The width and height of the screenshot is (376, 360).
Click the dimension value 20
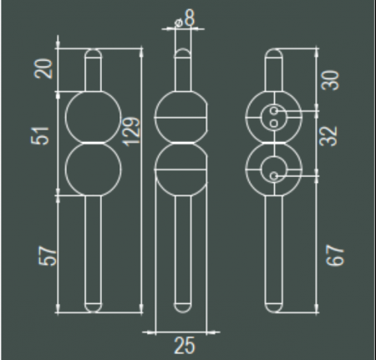tap(43, 68)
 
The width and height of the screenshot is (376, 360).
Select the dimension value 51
tap(40, 135)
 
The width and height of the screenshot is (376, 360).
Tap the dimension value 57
tap(48, 256)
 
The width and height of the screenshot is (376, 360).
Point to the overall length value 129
tap(131, 132)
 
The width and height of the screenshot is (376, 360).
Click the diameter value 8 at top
tap(190, 18)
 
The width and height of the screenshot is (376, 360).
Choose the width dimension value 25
tap(185, 346)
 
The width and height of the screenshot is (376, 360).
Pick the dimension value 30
tap(330, 80)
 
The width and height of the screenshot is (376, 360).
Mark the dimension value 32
tap(328, 136)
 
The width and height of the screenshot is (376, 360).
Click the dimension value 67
tap(335, 256)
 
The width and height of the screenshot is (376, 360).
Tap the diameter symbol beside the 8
tap(178, 23)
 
